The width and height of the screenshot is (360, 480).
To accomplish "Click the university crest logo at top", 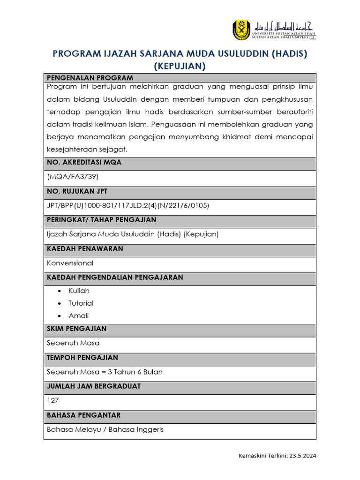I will (x=242, y=30).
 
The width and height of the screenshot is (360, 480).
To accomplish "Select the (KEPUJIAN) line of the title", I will (x=180, y=67).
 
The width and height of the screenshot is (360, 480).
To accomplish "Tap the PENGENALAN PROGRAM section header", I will (x=90, y=78).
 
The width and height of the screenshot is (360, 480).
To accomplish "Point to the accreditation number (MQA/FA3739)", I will (x=73, y=177).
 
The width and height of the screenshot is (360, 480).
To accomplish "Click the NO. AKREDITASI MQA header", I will (x=84, y=162).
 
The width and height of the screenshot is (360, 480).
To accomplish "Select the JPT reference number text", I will (x=128, y=205).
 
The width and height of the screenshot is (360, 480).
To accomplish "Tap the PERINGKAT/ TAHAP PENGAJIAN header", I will (x=102, y=220).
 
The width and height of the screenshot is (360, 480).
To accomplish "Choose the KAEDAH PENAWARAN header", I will (x=85, y=249).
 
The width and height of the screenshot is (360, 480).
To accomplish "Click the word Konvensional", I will (x=70, y=263).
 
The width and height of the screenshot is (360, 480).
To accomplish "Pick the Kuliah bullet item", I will (x=79, y=291).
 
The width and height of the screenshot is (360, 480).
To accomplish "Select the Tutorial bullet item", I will (x=81, y=303).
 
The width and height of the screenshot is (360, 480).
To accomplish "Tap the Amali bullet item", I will (x=78, y=316).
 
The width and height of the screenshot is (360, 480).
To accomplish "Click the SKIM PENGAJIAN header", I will (x=76, y=329).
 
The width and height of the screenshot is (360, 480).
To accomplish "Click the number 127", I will (x=52, y=401).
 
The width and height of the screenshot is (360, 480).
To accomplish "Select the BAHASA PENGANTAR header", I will (x=83, y=415).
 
